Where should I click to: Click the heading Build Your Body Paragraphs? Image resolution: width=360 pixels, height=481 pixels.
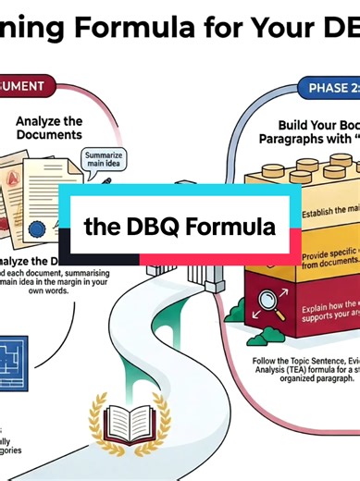tap(319, 130)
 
